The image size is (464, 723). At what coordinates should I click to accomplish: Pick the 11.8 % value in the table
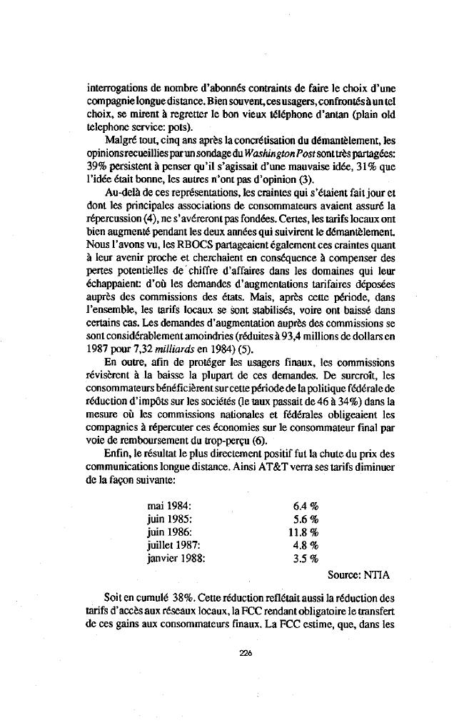303,532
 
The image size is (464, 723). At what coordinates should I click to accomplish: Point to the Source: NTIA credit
358,574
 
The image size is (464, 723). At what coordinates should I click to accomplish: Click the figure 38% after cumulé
184,596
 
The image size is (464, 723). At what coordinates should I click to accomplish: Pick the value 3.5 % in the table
306,559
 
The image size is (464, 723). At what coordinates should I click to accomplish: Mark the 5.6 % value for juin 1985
306,519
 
